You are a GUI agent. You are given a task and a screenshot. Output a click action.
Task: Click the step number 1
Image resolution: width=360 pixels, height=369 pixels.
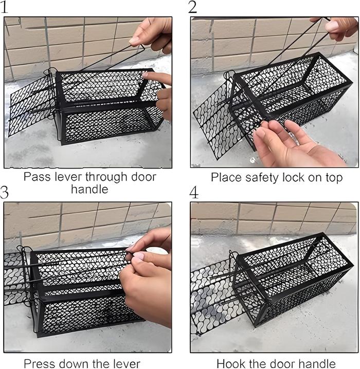5,7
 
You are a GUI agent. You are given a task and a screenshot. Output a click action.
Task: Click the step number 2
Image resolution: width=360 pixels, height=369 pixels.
192,7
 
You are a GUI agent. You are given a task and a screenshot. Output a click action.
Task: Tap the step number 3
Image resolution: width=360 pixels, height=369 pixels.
4,192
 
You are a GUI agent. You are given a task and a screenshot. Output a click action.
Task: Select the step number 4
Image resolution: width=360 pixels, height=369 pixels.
194,193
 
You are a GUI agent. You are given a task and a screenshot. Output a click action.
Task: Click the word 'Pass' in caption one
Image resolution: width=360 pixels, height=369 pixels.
37,177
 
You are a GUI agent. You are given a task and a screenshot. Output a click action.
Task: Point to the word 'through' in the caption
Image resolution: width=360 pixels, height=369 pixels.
106,177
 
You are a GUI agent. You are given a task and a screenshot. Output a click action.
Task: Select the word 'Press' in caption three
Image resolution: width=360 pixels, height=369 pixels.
39,364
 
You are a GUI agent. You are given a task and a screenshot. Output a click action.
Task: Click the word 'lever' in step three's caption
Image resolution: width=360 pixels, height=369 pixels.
127,364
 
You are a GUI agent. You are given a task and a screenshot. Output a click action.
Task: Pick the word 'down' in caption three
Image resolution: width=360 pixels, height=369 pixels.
73,364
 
